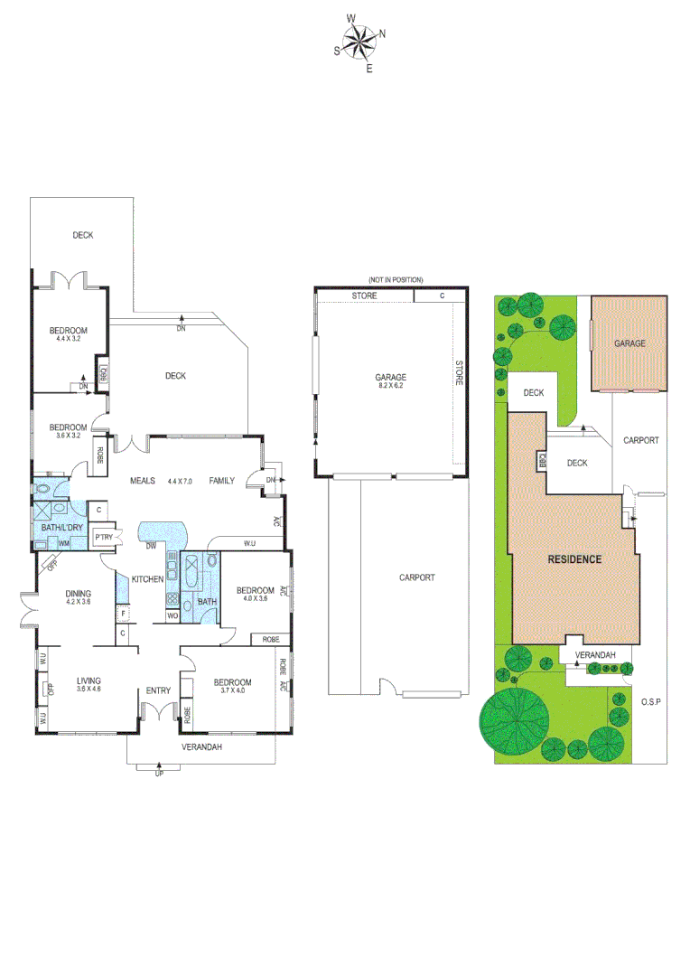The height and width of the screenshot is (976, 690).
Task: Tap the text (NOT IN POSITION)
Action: [x=395, y=280]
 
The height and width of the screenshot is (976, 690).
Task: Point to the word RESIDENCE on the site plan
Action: [x=574, y=558]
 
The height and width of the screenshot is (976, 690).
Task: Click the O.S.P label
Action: [x=652, y=701]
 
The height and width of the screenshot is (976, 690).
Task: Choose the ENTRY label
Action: [x=158, y=691]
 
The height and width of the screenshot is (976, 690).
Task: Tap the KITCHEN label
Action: [x=147, y=578]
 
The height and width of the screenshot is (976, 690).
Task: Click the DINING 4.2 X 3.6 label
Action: [x=78, y=598]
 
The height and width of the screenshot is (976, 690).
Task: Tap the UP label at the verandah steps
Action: [x=160, y=774]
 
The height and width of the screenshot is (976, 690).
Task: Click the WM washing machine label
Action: [x=64, y=543]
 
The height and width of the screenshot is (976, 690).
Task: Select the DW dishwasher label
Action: [x=150, y=545]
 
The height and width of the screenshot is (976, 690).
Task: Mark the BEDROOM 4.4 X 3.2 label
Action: [x=69, y=333]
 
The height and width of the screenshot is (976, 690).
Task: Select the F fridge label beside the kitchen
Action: [x=122, y=614]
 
